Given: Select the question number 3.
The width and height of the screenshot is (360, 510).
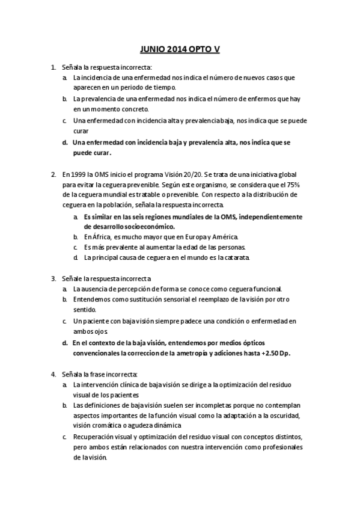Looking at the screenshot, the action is coord(53,279).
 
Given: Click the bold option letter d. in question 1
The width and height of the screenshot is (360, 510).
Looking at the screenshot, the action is coord(64,142).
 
